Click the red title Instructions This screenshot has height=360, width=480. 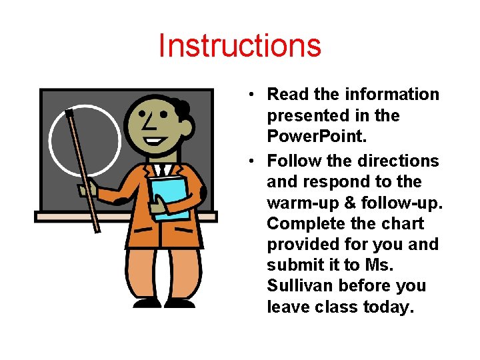[240, 46]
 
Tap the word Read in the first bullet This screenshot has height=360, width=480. [287, 95]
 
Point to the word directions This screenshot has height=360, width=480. [398, 161]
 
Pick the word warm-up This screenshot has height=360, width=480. [299, 202]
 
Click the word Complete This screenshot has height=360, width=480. [308, 223]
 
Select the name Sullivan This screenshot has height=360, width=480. [300, 285]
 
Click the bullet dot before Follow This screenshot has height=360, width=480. [248, 161]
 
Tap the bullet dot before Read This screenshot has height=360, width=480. [248, 95]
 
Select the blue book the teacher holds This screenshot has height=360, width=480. [169, 197]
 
